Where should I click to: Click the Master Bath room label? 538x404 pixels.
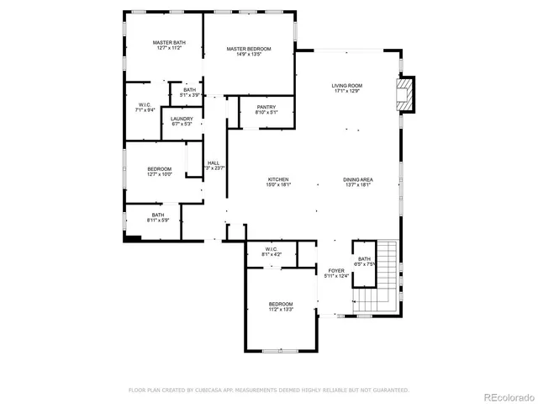point(168,45)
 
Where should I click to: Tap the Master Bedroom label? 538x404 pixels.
point(249,52)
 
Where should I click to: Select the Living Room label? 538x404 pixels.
point(346,88)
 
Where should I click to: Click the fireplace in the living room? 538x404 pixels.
point(407,94)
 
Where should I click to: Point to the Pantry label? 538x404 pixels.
point(266,109)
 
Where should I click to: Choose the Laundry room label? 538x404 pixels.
point(182,121)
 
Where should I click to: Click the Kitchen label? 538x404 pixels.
point(279,183)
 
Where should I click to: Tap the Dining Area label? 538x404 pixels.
point(358,183)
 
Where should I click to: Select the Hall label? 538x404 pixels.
point(214,166)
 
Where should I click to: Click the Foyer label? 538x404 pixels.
point(337,274)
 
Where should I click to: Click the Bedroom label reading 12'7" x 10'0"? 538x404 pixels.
point(160,172)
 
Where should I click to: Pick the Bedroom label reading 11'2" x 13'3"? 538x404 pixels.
point(281,306)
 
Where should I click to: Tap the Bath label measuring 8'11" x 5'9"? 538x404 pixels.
point(158,217)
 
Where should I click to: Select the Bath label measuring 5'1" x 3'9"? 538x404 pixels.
point(189,93)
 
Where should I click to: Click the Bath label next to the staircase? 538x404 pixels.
point(364,261)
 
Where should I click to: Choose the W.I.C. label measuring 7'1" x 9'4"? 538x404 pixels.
point(145,108)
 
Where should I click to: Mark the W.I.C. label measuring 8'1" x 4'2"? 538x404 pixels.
point(272,252)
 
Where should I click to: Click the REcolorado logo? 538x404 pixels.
point(507,396)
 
